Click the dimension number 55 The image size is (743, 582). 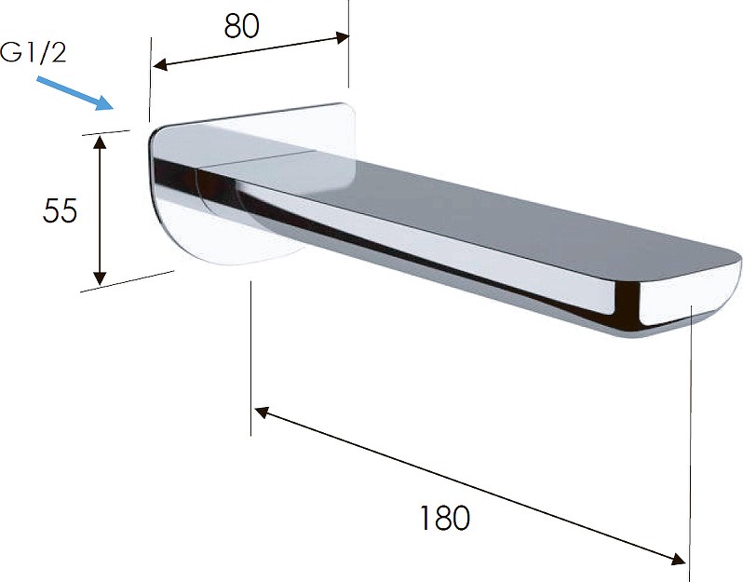coord(60,210)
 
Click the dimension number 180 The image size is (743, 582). coord(445,518)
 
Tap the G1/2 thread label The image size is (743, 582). coord(34,52)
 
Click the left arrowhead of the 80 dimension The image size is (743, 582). coord(159,65)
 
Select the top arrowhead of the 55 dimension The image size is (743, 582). coord(100,142)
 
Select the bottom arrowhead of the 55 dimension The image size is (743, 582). coord(100,278)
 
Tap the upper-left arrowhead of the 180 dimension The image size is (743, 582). coord(262,412)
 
